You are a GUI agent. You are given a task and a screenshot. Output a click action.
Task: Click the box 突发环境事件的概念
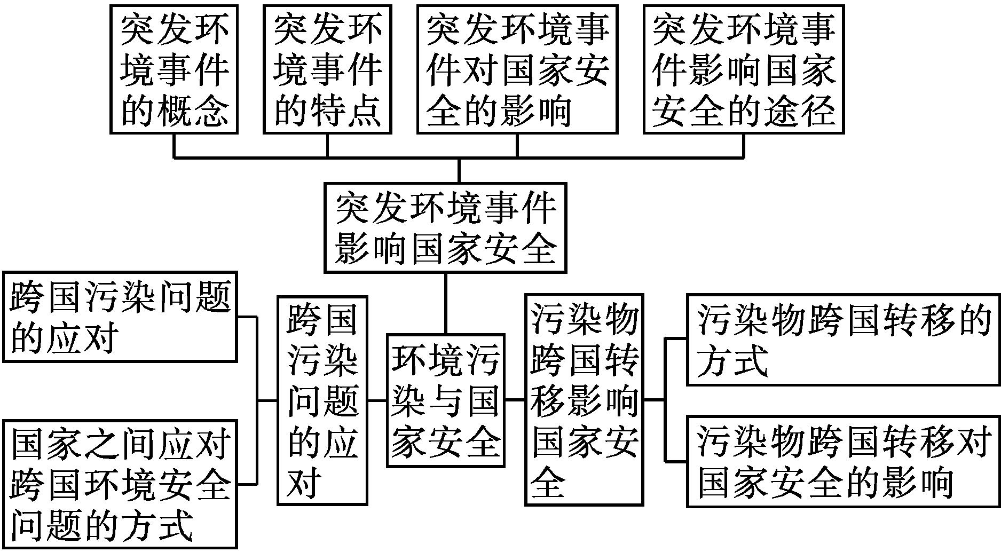coord(174,69)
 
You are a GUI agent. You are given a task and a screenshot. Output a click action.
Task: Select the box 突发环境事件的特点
coord(327,69)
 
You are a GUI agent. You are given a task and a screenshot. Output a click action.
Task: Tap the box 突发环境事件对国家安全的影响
coord(517,69)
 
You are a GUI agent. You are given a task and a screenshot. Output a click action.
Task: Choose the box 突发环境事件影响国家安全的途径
coord(744,69)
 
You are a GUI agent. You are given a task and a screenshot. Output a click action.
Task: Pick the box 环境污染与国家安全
coord(445,400)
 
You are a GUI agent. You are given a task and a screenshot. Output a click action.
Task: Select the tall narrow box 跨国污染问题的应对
coord(322,400)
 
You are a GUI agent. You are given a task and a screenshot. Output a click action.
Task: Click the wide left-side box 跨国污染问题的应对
coord(120,317)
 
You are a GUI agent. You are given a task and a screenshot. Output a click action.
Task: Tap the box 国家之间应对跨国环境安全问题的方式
coord(120,484)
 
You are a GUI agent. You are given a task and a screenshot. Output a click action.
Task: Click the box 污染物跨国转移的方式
coord(842,340)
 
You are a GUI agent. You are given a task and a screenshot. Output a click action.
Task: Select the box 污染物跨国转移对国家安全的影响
coord(842,461)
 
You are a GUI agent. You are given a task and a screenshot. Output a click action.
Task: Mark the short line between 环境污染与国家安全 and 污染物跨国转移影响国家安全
coord(515,399)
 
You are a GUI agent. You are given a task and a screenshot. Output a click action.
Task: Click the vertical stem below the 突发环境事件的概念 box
coord(174,145)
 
